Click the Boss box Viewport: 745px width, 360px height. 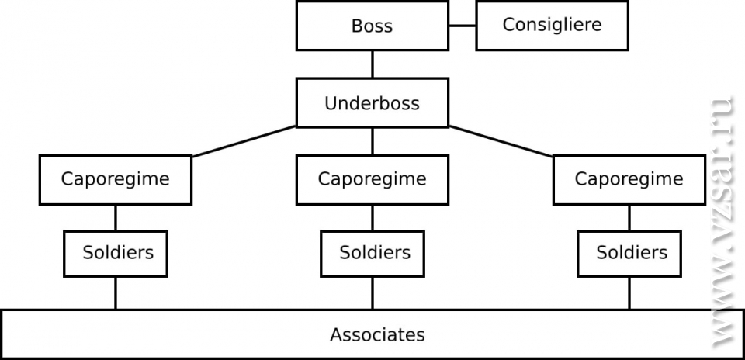[x=372, y=26]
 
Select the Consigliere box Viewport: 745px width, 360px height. [x=552, y=25]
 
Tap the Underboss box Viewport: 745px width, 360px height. [x=372, y=103]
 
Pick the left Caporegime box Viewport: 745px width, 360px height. [x=116, y=179]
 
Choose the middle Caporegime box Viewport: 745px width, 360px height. [x=372, y=179]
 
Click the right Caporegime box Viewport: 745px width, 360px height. [x=629, y=179]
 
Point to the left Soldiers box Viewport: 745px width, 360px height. [x=116, y=253]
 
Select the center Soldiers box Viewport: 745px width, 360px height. [x=372, y=253]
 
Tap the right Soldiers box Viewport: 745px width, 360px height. [x=629, y=253]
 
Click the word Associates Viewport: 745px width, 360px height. [x=377, y=335]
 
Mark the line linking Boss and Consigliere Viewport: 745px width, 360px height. [x=462, y=26]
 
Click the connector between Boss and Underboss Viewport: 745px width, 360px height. [x=372, y=64]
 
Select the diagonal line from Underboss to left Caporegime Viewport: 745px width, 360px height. [x=244, y=141]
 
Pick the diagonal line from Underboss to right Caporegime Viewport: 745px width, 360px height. [x=501, y=141]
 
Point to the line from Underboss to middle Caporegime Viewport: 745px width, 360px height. [x=372, y=141]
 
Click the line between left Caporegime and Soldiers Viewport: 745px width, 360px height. [x=116, y=217]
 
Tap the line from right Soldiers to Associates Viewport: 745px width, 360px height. [x=629, y=292]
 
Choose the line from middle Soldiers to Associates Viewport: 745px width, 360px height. [x=372, y=292]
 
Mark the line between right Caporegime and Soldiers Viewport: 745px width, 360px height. [x=629, y=217]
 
